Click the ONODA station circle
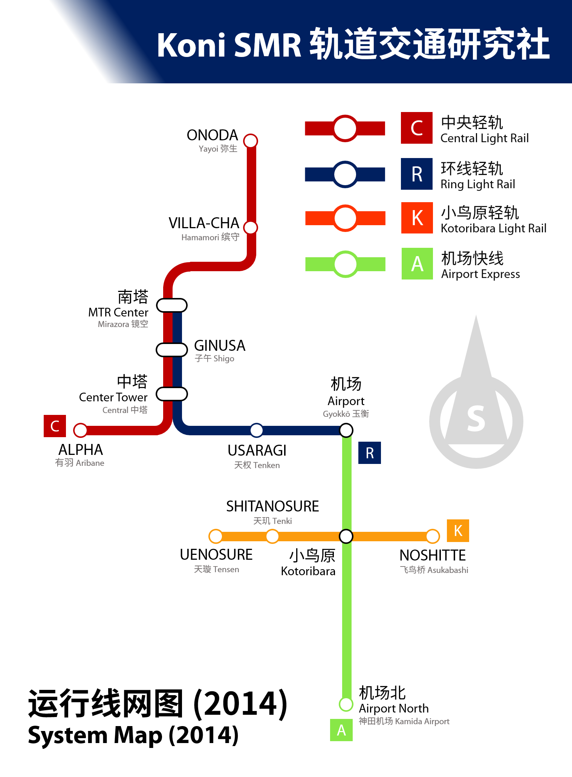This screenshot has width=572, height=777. (251, 141)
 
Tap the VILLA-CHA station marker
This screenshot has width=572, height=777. (251, 227)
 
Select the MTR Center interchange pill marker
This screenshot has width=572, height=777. (172, 305)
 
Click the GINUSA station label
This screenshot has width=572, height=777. (220, 346)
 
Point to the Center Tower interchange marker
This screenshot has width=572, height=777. (172, 394)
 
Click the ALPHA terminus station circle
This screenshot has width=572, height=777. (80, 430)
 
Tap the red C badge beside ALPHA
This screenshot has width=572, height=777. (55, 426)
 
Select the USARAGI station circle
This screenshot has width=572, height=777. (257, 430)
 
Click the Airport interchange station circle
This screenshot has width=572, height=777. (346, 430)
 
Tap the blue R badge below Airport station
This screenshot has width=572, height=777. (370, 453)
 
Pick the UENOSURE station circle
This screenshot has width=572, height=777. (216, 536)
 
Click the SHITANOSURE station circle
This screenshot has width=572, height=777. (272, 536)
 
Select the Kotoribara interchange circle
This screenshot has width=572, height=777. (346, 536)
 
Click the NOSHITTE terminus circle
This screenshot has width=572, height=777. (433, 536)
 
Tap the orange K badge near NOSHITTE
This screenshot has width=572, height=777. (458, 530)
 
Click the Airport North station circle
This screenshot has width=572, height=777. (346, 704)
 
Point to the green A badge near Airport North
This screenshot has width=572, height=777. (341, 730)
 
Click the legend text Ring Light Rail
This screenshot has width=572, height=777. (478, 184)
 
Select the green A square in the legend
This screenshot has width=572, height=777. (417, 264)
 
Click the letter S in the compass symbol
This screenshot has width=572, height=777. (476, 419)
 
